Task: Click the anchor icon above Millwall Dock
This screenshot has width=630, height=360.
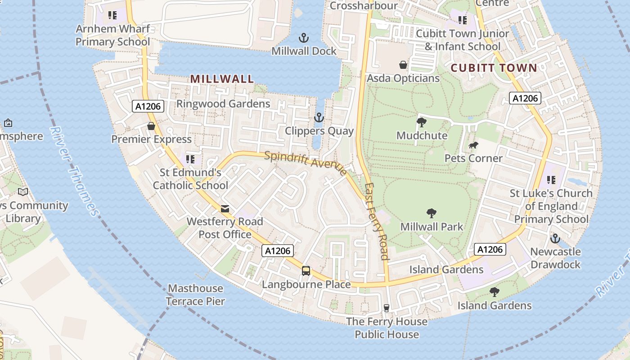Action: pyautogui.click(x=304, y=37)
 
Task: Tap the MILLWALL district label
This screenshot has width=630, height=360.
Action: pyautogui.click(x=222, y=79)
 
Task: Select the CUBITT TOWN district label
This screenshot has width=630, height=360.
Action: pyautogui.click(x=494, y=68)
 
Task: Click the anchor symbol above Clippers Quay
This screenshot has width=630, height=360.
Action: pyautogui.click(x=319, y=118)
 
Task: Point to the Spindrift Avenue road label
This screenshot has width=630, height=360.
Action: pyautogui.click(x=306, y=163)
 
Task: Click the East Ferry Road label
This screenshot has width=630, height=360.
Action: pyautogui.click(x=377, y=221)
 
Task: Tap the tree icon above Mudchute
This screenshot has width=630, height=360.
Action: pyautogui.click(x=422, y=122)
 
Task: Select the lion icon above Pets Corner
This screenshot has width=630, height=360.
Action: pyautogui.click(x=473, y=145)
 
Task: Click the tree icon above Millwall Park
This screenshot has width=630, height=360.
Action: pyautogui.click(x=431, y=213)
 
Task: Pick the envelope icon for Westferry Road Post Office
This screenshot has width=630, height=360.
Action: pyautogui.click(x=225, y=209)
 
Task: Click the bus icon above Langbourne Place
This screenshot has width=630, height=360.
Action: pyautogui.click(x=306, y=271)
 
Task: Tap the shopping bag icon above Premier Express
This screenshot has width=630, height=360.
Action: pyautogui.click(x=151, y=126)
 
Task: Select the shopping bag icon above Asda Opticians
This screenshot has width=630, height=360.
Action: pyautogui.click(x=403, y=65)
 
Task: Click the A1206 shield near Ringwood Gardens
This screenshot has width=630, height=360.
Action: pyautogui.click(x=148, y=107)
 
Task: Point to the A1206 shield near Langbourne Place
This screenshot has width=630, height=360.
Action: pyautogui.click(x=278, y=251)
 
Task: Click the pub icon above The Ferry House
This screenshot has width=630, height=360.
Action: pyautogui.click(x=386, y=308)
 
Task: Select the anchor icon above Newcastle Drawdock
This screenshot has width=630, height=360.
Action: pyautogui.click(x=555, y=238)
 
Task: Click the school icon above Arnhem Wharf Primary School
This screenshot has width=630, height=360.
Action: pyautogui.click(x=112, y=16)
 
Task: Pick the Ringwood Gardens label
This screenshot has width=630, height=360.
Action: pyautogui.click(x=223, y=103)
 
